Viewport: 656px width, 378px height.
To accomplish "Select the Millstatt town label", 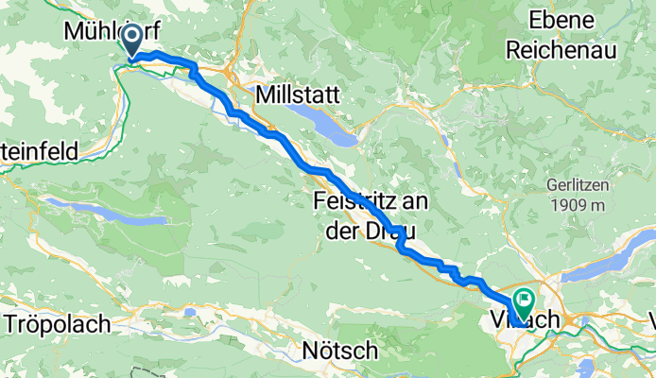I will point(294,94).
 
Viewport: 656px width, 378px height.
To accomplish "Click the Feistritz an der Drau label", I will point(366,215).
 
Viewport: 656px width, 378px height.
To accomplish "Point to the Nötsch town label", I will point(339,351).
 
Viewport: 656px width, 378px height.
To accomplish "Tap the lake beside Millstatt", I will point(322,124).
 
